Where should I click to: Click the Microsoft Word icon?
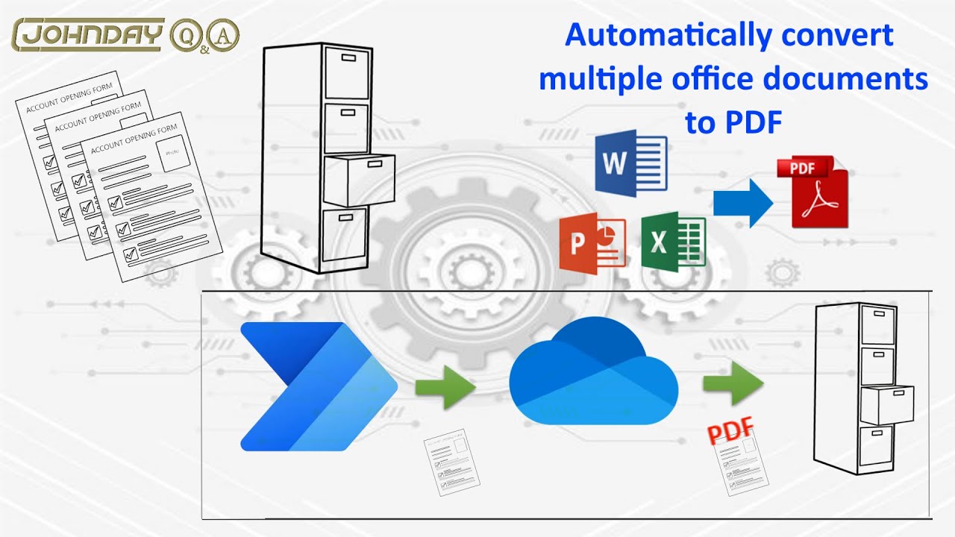pos(630,163)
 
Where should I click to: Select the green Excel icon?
pos(673,241)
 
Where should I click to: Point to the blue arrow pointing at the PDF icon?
pos(742,202)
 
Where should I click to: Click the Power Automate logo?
pos(317,386)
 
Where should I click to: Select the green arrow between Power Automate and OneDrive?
pos(445,386)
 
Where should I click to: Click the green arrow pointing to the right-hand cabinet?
pos(732,383)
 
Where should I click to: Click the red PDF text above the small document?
pos(730,431)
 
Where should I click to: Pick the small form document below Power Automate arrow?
pos(451,462)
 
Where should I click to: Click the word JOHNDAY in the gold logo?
pos(90,34)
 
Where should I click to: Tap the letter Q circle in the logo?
pos(184,34)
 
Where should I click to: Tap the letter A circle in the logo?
pos(225,34)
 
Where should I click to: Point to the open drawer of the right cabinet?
pos(886,405)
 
